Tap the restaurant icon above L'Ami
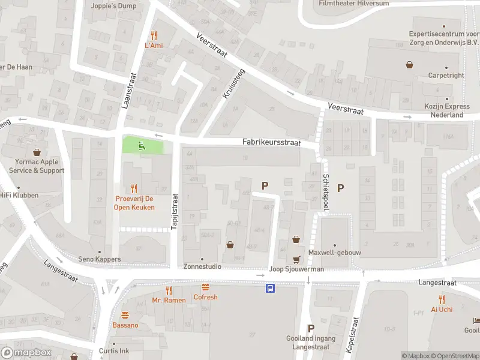154,35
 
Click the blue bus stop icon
271,289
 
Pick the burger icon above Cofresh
206,287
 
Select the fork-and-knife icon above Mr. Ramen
169,290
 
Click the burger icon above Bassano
125,315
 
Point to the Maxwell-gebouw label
335,253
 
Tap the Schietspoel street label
326,192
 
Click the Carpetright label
446,76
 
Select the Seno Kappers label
100,259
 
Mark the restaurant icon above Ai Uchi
442,299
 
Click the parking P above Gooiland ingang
311,328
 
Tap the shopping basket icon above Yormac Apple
37,152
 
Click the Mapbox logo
26,352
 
